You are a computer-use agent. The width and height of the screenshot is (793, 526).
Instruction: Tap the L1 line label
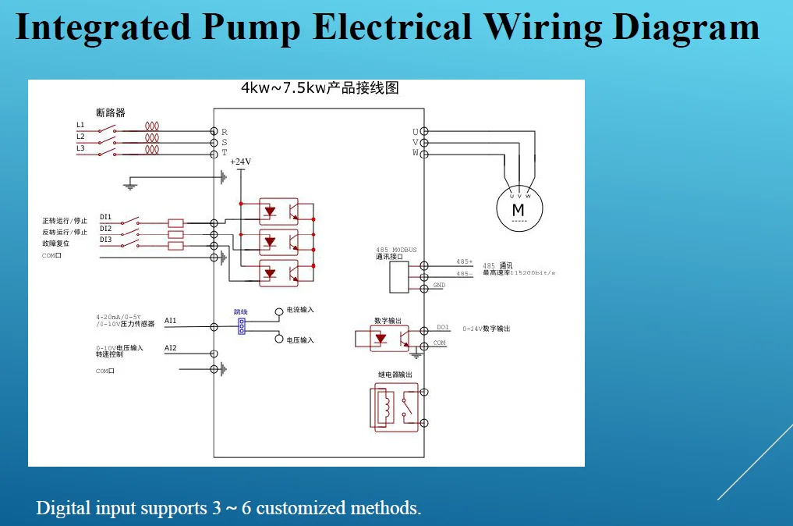click(80, 125)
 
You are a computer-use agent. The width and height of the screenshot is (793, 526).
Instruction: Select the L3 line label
click(80, 148)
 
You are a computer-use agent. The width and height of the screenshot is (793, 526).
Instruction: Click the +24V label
click(241, 162)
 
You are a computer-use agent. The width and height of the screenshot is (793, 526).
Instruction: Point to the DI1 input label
click(105, 217)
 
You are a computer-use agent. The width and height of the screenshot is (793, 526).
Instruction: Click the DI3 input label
click(105, 240)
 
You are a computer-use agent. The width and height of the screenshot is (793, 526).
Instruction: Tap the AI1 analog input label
click(171, 321)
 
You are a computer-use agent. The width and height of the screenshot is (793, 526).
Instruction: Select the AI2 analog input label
click(171, 348)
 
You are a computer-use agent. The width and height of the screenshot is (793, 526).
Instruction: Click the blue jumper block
click(242, 325)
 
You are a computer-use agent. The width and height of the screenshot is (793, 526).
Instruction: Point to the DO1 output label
click(442, 328)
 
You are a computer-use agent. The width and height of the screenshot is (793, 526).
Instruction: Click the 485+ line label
click(464, 261)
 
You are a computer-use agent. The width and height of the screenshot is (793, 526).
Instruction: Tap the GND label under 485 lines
click(439, 286)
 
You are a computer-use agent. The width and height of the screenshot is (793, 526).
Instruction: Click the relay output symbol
click(396, 407)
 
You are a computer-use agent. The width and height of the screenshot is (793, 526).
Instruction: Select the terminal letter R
click(225, 132)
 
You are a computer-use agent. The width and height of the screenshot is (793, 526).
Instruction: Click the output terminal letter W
click(416, 154)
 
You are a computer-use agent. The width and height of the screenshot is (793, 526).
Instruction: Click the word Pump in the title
click(251, 27)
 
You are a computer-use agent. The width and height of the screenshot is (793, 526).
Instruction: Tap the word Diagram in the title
click(686, 27)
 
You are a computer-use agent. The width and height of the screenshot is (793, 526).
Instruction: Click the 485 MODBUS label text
click(396, 250)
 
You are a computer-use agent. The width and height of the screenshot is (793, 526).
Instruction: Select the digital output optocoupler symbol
click(382, 339)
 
